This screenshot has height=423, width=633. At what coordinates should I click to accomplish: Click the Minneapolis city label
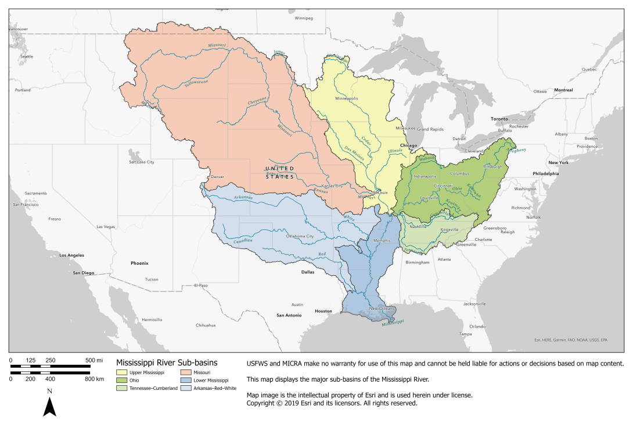(x=347, y=98)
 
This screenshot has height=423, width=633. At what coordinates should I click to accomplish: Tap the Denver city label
(x=217, y=176)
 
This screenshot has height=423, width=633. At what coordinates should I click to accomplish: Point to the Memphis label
(x=382, y=241)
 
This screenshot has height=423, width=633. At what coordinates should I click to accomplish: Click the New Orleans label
(x=382, y=308)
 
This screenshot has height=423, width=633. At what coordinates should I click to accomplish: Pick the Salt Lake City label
(x=142, y=162)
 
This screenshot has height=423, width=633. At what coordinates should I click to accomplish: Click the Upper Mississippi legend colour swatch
(x=121, y=372)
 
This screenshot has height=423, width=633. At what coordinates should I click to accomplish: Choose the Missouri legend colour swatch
(x=187, y=372)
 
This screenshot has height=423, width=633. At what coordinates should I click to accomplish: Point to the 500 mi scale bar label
(x=94, y=361)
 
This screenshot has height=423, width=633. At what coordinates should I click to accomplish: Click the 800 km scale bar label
(x=94, y=379)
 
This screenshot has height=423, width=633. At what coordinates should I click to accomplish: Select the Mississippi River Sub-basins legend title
(x=167, y=362)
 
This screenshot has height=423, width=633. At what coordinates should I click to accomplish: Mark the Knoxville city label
(x=450, y=230)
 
